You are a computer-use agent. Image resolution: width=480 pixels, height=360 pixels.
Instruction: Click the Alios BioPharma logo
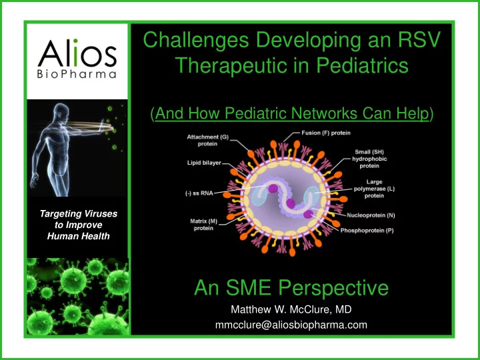pos(77,58)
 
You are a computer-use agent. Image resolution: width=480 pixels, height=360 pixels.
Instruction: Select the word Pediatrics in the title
pos(362,65)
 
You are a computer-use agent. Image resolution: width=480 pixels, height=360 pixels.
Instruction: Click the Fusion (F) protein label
pos(326,133)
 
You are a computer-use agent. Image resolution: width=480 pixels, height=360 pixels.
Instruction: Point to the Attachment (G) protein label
pos(207,141)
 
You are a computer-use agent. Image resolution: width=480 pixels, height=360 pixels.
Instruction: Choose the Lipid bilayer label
pos(204,163)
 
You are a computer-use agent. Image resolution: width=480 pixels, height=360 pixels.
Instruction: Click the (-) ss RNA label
pos(199,193)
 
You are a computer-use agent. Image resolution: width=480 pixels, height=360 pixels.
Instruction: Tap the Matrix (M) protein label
pos(203,225)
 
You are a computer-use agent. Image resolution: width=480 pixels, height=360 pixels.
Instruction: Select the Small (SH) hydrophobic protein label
pos(369,159)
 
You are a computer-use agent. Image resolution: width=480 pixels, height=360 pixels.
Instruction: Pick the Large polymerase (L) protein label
pos(374,189)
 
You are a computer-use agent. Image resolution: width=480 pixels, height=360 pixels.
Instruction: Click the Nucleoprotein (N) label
pos(371,215)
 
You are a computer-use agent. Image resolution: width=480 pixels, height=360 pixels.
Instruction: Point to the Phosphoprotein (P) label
pos(367,231)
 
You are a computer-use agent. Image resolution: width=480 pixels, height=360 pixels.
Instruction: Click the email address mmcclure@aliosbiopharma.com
pos(291,325)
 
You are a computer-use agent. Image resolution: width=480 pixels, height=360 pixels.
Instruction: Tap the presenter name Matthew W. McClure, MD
pos(291,309)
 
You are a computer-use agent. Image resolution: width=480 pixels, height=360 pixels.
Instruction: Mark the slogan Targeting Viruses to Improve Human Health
pos(79,225)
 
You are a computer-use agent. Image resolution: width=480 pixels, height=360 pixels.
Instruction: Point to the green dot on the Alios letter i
pos(75,41)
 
